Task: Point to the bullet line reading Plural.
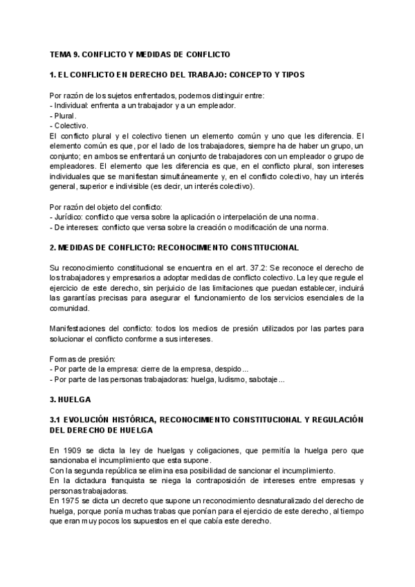click(64, 116)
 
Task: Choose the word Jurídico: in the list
click(71, 217)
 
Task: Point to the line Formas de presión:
click(83, 359)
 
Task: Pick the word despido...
click(230, 369)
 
